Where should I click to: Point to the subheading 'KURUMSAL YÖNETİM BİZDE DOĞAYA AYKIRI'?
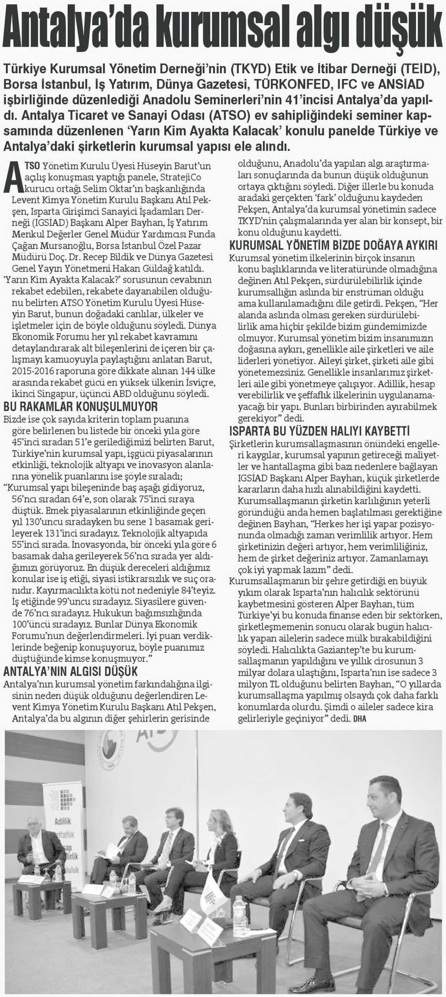click(333, 246)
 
